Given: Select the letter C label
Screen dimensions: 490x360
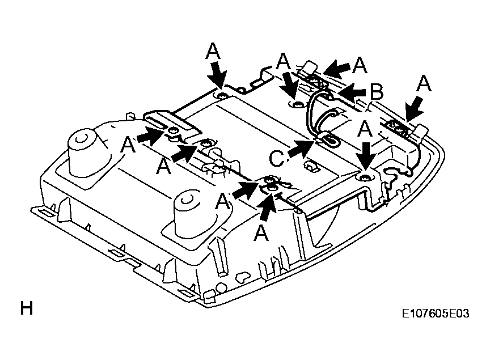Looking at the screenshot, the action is pos(276,158).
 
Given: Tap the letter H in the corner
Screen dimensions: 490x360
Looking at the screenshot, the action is pos(27,308).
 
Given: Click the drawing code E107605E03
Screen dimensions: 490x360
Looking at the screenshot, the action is pos(436,314).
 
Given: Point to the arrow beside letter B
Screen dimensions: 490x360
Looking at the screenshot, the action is pos(351,92).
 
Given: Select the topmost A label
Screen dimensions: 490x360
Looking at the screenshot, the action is pos(213,51).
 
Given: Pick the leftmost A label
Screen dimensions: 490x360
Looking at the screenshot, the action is pos(128,145).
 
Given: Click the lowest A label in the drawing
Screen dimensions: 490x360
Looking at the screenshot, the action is pos(261,234).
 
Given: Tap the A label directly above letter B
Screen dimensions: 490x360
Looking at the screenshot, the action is pos(360,65).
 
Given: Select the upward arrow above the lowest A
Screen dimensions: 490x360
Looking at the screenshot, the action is pos(267,207).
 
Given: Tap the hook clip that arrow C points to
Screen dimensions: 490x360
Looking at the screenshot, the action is pos(329,140).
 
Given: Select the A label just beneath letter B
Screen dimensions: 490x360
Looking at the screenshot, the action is pos(365,129).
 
